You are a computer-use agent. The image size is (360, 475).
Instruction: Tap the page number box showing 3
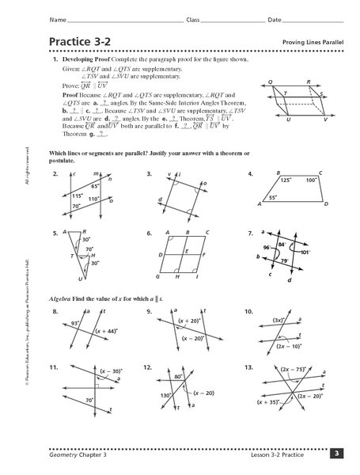tap(336, 453)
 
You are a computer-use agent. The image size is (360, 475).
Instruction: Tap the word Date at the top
tap(275, 18)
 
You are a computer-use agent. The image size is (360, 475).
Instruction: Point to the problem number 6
tap(149, 234)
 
